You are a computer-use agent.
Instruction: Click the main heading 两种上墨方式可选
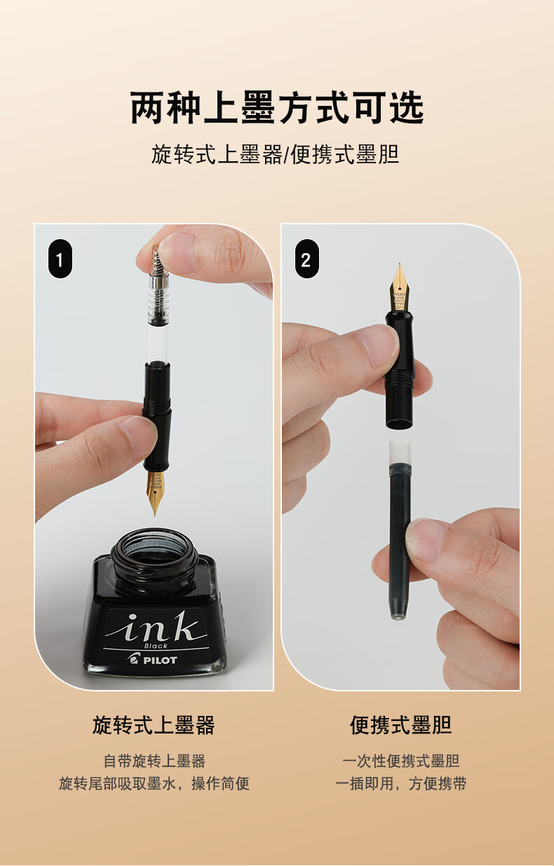pyautogui.click(x=277, y=107)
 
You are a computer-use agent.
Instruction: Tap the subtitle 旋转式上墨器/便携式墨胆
pyautogui.click(x=276, y=154)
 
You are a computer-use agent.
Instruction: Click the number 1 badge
pyautogui.click(x=60, y=260)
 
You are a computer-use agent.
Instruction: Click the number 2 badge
pyautogui.click(x=306, y=260)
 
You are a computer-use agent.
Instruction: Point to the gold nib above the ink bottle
pyautogui.click(x=154, y=491)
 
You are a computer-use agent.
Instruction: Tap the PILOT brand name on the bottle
pyautogui.click(x=160, y=659)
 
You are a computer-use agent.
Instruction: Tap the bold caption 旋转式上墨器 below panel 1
pyautogui.click(x=154, y=724)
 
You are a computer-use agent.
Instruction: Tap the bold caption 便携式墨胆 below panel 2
pyautogui.click(x=400, y=724)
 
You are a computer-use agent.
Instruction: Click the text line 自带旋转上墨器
pyautogui.click(x=154, y=761)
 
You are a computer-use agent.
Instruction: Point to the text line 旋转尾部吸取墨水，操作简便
pyautogui.click(x=154, y=783)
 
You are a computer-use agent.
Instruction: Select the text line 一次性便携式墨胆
pyautogui.click(x=400, y=761)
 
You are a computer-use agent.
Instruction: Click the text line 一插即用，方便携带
pyautogui.click(x=400, y=783)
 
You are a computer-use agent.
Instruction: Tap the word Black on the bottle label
pyautogui.click(x=156, y=646)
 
